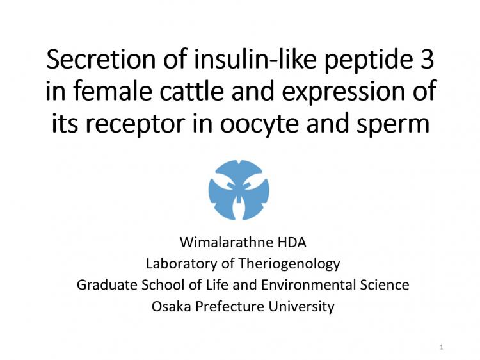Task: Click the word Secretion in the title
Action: (101, 59)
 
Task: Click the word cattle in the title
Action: (192, 91)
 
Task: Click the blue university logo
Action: (239, 190)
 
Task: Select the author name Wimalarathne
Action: (227, 242)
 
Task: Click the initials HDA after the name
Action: (292, 242)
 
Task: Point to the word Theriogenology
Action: (289, 264)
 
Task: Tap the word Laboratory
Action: (182, 263)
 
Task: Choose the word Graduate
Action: (107, 284)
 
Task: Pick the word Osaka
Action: (171, 306)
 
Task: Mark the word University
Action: (301, 307)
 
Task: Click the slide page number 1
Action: (442, 347)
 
